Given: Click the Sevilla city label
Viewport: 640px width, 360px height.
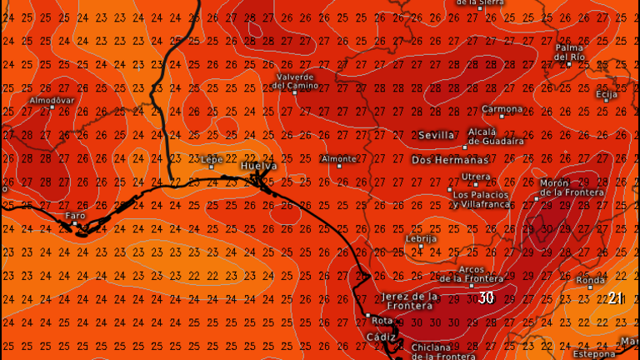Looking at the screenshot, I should click(x=437, y=135).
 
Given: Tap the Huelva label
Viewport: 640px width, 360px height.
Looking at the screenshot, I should click(x=258, y=167).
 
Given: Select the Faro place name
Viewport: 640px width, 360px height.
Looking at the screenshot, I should click(x=75, y=216).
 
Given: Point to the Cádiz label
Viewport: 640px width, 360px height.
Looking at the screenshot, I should click(x=382, y=337).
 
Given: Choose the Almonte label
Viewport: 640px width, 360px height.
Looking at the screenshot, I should click(x=338, y=158).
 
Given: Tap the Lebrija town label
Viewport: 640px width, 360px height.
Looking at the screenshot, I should click(x=421, y=238).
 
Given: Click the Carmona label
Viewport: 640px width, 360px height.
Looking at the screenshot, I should click(x=502, y=109).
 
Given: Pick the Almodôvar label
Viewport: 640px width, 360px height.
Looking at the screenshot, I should click(x=52, y=100).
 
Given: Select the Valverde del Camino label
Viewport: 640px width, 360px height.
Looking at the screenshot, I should click(x=296, y=81).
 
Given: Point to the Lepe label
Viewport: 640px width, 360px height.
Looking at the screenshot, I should click(x=212, y=158).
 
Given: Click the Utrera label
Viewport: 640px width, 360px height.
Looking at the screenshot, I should click(x=476, y=177).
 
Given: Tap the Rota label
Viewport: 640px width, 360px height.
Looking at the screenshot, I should click(x=382, y=320).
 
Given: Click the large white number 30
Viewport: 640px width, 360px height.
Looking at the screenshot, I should click(x=486, y=297).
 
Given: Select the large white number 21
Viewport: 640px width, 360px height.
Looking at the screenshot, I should click(x=615, y=297).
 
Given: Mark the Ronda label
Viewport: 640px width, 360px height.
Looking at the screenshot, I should click(x=590, y=281).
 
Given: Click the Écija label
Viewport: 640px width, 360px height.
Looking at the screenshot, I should click(x=607, y=94).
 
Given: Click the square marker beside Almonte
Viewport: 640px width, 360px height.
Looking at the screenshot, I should click(x=339, y=166).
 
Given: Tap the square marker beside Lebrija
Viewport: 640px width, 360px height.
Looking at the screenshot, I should click(x=421, y=246).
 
